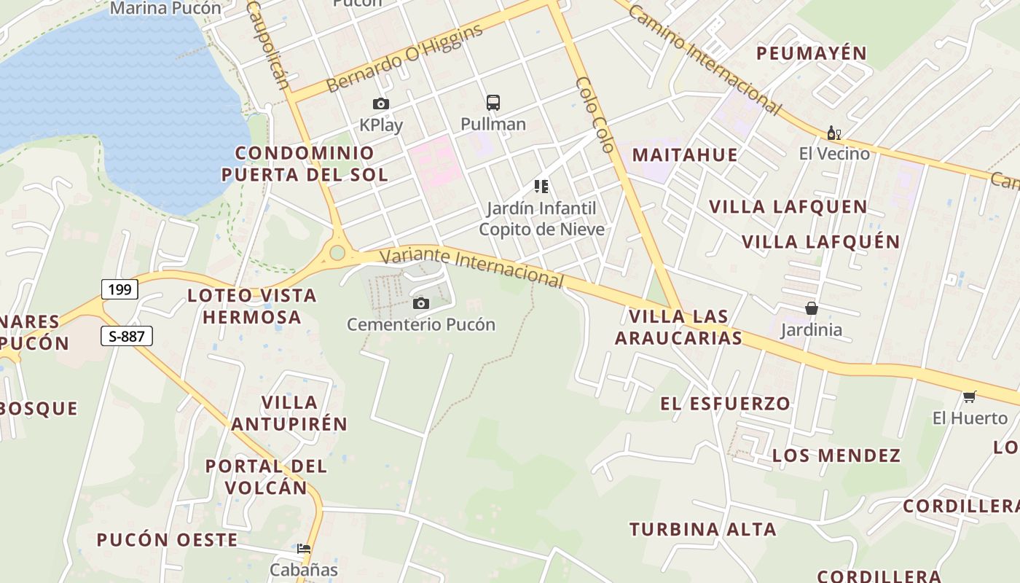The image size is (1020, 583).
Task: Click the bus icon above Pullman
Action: tap(493, 102)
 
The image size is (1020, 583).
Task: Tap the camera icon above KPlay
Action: tap(380, 104)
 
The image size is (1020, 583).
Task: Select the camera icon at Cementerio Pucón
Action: tap(420, 303)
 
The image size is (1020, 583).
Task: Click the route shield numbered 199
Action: tap(119, 289)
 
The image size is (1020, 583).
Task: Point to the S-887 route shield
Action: tap(126, 336)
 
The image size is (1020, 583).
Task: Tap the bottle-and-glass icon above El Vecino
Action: tap(834, 133)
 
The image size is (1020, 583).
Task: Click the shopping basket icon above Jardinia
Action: tap(811, 309)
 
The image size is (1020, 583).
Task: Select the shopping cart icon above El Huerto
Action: tap(969, 397)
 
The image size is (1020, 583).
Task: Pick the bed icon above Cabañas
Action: tap(304, 549)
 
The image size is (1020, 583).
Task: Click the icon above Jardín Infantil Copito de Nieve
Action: tap(541, 187)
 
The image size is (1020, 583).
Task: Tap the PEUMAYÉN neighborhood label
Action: tap(811, 53)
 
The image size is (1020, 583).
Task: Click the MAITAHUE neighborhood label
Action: tap(684, 154)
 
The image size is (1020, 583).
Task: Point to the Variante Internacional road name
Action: tap(472, 267)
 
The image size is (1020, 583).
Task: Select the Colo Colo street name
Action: tap(595, 114)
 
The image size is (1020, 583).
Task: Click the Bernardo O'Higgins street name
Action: tap(404, 58)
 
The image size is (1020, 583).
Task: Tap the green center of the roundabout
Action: tap(337, 253)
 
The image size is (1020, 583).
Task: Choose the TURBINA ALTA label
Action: tap(703, 529)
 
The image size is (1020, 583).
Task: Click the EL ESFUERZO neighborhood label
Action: tap(725, 403)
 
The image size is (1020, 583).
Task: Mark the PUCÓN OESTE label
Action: tap(167, 540)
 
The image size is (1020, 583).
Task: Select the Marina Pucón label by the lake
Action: tap(165, 9)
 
